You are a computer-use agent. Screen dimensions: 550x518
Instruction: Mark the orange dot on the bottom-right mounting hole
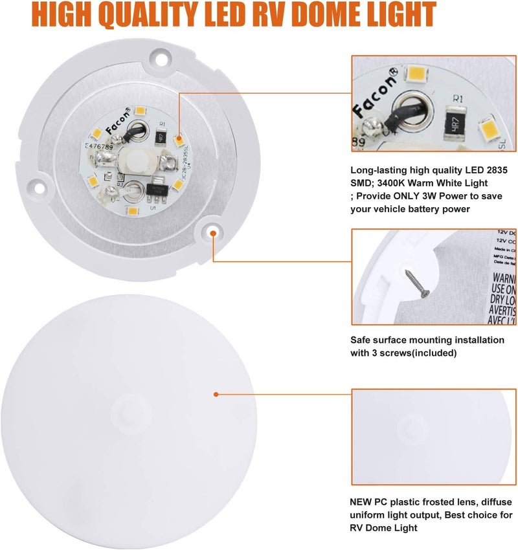point(212,230)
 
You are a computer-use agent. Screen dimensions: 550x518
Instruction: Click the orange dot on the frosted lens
point(215,393)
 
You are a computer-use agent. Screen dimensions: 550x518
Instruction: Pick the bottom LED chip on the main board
point(133,212)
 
